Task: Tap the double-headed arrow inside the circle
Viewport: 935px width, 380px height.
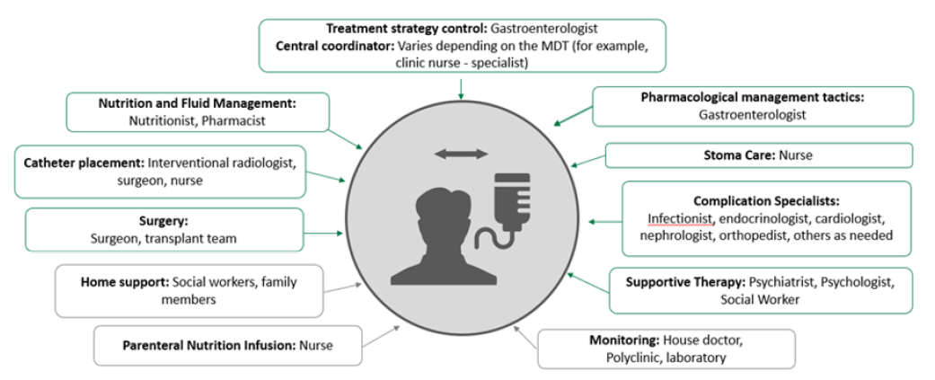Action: pos(461,155)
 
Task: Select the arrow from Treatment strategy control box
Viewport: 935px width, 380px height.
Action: pos(461,87)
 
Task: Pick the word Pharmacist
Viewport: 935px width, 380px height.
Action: pos(238,120)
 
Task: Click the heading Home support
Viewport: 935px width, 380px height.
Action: pos(124,282)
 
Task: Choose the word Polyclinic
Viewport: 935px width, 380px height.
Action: pos(640,358)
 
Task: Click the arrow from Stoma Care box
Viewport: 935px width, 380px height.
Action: pos(587,162)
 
